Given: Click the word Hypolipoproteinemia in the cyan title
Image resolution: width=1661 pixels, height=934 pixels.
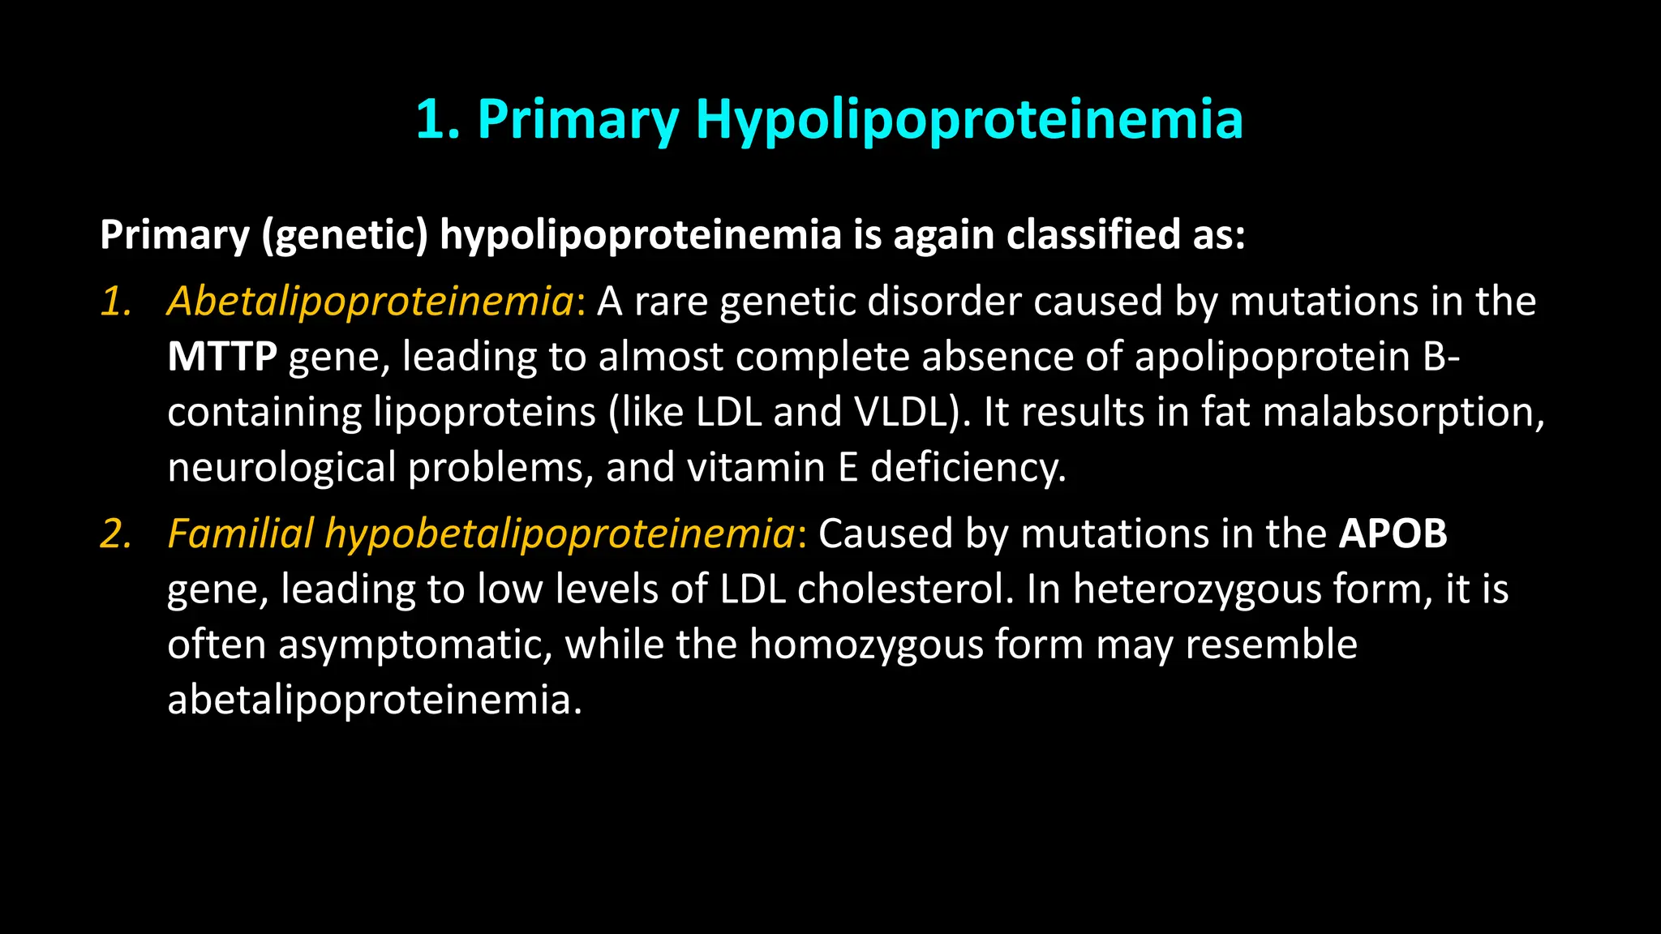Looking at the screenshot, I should click(x=969, y=119).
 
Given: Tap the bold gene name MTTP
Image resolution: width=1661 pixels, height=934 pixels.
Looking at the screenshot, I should click(x=222, y=357).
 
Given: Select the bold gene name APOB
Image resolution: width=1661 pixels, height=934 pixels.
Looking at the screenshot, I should click(x=1393, y=533).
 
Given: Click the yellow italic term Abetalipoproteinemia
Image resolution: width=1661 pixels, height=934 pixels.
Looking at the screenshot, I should click(x=371, y=301).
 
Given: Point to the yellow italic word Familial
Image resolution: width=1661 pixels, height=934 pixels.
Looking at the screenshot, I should click(x=240, y=533).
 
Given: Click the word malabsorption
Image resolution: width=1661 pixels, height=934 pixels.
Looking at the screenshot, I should click(x=1402, y=412).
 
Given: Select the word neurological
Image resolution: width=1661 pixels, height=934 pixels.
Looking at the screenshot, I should click(x=281, y=468).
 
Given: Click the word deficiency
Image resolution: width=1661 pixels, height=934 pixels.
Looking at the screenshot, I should click(x=968, y=468).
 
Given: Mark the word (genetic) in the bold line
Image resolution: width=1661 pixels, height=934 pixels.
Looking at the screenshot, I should click(x=345, y=235).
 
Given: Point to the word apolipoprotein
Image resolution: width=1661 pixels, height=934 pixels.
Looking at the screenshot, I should click(x=1273, y=357).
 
